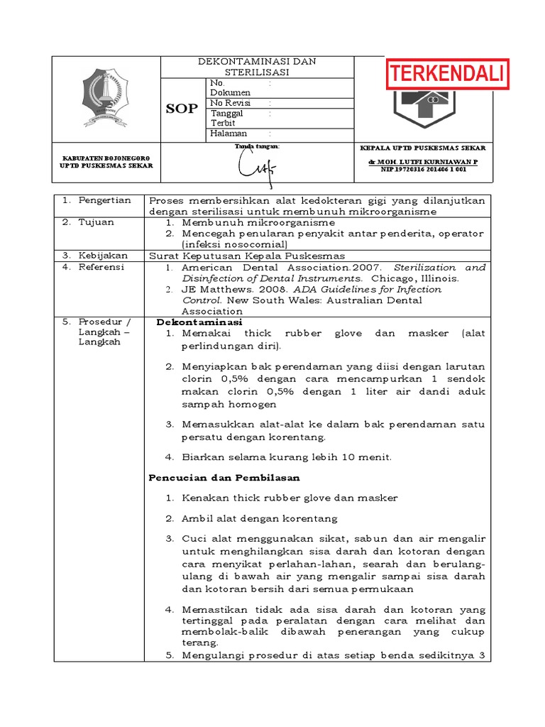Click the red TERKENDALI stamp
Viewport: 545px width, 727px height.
point(447,74)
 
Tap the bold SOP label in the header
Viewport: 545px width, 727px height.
point(182,109)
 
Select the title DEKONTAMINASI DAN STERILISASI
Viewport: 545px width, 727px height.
point(256,67)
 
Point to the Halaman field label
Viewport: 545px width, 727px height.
point(229,133)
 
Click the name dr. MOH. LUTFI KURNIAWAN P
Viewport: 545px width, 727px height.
point(423,163)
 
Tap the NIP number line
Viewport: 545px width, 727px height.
point(424,170)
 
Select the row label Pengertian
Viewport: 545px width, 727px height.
point(105,201)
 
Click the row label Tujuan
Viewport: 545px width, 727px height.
point(97,223)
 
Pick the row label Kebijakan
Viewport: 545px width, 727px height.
point(103,256)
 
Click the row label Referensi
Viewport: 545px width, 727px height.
point(102,267)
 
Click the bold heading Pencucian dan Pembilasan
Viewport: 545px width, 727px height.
point(224,477)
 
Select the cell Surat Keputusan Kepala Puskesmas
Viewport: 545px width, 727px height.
point(246,256)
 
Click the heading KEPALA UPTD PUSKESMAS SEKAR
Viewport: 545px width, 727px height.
point(424,148)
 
